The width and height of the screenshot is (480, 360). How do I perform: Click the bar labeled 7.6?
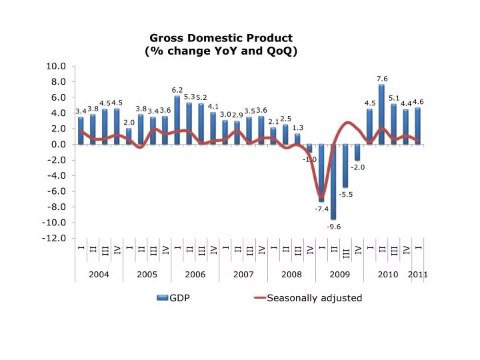[x=381, y=114]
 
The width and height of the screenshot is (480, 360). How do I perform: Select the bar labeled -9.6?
[x=333, y=181]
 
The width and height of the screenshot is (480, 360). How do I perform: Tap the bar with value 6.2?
[x=177, y=120]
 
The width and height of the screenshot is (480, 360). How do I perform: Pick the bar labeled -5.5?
[x=345, y=165]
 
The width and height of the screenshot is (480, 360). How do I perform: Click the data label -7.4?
[x=321, y=209]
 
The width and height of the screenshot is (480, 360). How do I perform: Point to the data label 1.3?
[x=298, y=127]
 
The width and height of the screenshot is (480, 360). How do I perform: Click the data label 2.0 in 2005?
[x=129, y=122]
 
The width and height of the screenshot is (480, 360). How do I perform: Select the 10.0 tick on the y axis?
[x=57, y=66]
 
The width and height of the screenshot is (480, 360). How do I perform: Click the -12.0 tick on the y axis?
[x=55, y=238]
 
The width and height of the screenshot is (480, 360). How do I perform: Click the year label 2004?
[x=99, y=274]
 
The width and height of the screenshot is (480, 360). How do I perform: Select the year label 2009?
[x=339, y=274]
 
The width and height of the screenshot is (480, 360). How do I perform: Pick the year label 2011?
[x=419, y=274]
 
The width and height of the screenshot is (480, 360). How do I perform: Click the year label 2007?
[x=243, y=274]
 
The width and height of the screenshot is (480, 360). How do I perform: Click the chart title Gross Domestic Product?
[x=221, y=38]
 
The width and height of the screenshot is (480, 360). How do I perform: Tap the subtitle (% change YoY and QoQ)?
[x=221, y=51]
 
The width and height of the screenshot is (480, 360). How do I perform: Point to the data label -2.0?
[x=358, y=167]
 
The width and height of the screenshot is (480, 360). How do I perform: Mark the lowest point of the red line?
[x=322, y=197]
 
